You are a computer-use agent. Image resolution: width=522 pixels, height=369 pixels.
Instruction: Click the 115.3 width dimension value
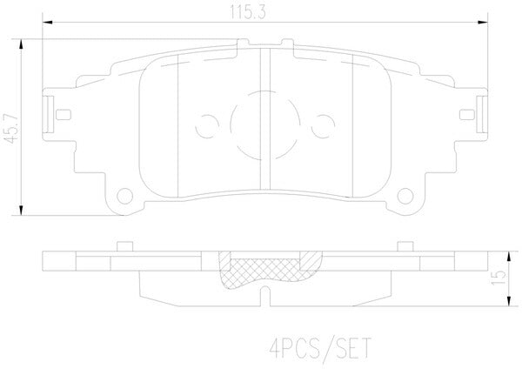click(248, 12)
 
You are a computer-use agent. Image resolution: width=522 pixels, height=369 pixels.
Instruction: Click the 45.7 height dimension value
click(13, 129)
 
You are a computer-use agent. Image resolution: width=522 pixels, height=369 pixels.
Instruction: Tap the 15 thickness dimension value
click(498, 278)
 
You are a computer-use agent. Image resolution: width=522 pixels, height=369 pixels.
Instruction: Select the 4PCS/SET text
click(320, 348)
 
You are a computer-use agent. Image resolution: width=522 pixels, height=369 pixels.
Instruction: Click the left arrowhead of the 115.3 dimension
click(48, 23)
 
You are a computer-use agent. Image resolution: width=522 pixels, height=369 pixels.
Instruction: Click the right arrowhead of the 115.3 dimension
click(482, 23)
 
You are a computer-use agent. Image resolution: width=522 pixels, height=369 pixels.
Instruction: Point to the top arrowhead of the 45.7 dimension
click(21, 44)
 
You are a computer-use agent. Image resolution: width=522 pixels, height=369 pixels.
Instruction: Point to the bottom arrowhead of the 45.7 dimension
click(21, 210)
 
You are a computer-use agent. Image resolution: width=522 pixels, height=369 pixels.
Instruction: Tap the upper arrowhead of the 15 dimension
click(509, 257)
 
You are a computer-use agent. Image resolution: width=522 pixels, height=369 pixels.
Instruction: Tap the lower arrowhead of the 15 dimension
click(509, 301)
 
